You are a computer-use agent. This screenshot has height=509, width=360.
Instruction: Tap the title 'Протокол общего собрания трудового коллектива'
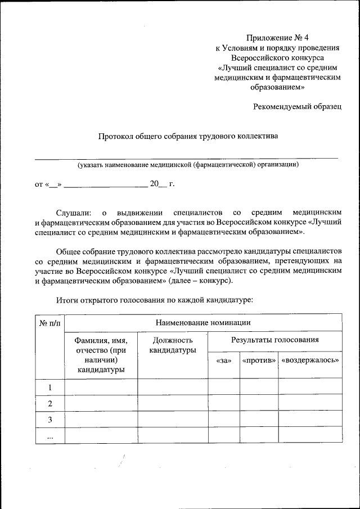click(x=188, y=136)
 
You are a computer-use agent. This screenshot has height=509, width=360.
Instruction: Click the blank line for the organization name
click(x=186, y=158)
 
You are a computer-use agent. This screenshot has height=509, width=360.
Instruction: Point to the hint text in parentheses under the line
click(x=188, y=165)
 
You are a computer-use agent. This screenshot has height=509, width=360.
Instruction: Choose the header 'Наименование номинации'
click(x=203, y=322)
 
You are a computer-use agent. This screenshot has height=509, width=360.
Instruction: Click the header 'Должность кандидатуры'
click(x=173, y=345)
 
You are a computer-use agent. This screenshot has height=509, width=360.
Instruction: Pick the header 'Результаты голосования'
click(x=275, y=340)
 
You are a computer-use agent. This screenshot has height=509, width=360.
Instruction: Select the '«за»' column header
click(x=224, y=360)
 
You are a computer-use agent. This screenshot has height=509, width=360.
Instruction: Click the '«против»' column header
click(x=259, y=360)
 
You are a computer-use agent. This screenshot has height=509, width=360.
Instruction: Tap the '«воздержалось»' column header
click(x=310, y=360)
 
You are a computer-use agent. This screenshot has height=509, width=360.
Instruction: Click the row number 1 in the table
click(x=50, y=387)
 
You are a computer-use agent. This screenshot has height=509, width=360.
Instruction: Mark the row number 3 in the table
click(x=50, y=420)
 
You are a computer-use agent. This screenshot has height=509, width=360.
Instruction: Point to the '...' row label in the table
click(x=50, y=436)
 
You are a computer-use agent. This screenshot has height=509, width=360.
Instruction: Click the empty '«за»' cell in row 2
click(x=224, y=403)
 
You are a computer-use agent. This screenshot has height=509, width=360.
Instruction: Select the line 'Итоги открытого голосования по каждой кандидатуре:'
click(x=155, y=300)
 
